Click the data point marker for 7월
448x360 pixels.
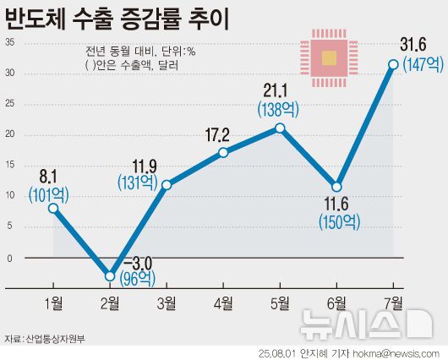point(394,64)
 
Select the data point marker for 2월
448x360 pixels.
point(110,275)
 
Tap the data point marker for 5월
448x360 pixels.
point(281,128)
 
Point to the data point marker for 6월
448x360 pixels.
point(337,187)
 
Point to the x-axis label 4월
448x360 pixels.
point(223,303)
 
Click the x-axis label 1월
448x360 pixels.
point(52,303)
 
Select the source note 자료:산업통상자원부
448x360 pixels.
point(44,339)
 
